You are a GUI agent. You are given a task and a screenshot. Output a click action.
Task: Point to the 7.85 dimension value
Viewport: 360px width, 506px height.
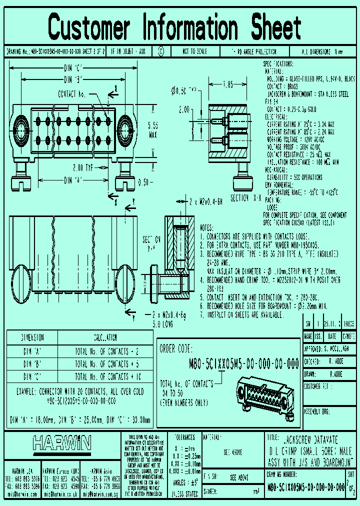[227, 85]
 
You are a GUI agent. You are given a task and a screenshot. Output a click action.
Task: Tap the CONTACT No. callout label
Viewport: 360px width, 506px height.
[72, 93]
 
